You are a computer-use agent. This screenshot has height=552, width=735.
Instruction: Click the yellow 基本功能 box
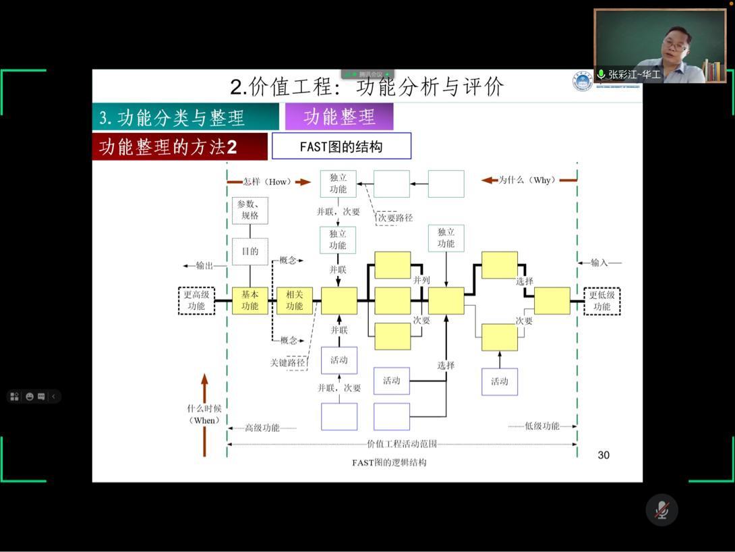click(249, 301)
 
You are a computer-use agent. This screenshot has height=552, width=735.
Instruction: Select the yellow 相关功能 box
click(295, 301)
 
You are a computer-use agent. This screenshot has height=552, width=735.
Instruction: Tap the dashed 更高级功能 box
click(196, 301)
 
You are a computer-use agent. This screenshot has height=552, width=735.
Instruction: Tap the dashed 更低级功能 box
click(601, 301)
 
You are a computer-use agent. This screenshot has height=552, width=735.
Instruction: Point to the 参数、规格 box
click(249, 211)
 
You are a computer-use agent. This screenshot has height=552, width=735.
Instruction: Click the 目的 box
click(249, 252)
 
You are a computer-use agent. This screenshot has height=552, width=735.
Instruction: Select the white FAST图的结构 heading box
click(341, 146)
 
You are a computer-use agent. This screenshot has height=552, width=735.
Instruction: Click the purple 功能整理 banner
click(339, 117)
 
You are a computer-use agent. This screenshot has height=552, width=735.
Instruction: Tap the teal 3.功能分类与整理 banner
click(185, 117)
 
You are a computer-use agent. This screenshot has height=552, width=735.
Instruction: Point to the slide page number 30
click(604, 456)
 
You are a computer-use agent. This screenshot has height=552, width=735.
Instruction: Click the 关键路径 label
click(289, 363)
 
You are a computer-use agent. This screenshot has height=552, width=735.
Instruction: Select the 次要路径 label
click(395, 218)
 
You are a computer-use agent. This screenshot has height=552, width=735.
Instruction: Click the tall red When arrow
click(204, 413)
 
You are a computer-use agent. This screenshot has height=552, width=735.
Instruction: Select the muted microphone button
click(661, 510)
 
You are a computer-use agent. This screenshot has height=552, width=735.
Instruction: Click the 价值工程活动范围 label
click(401, 444)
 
